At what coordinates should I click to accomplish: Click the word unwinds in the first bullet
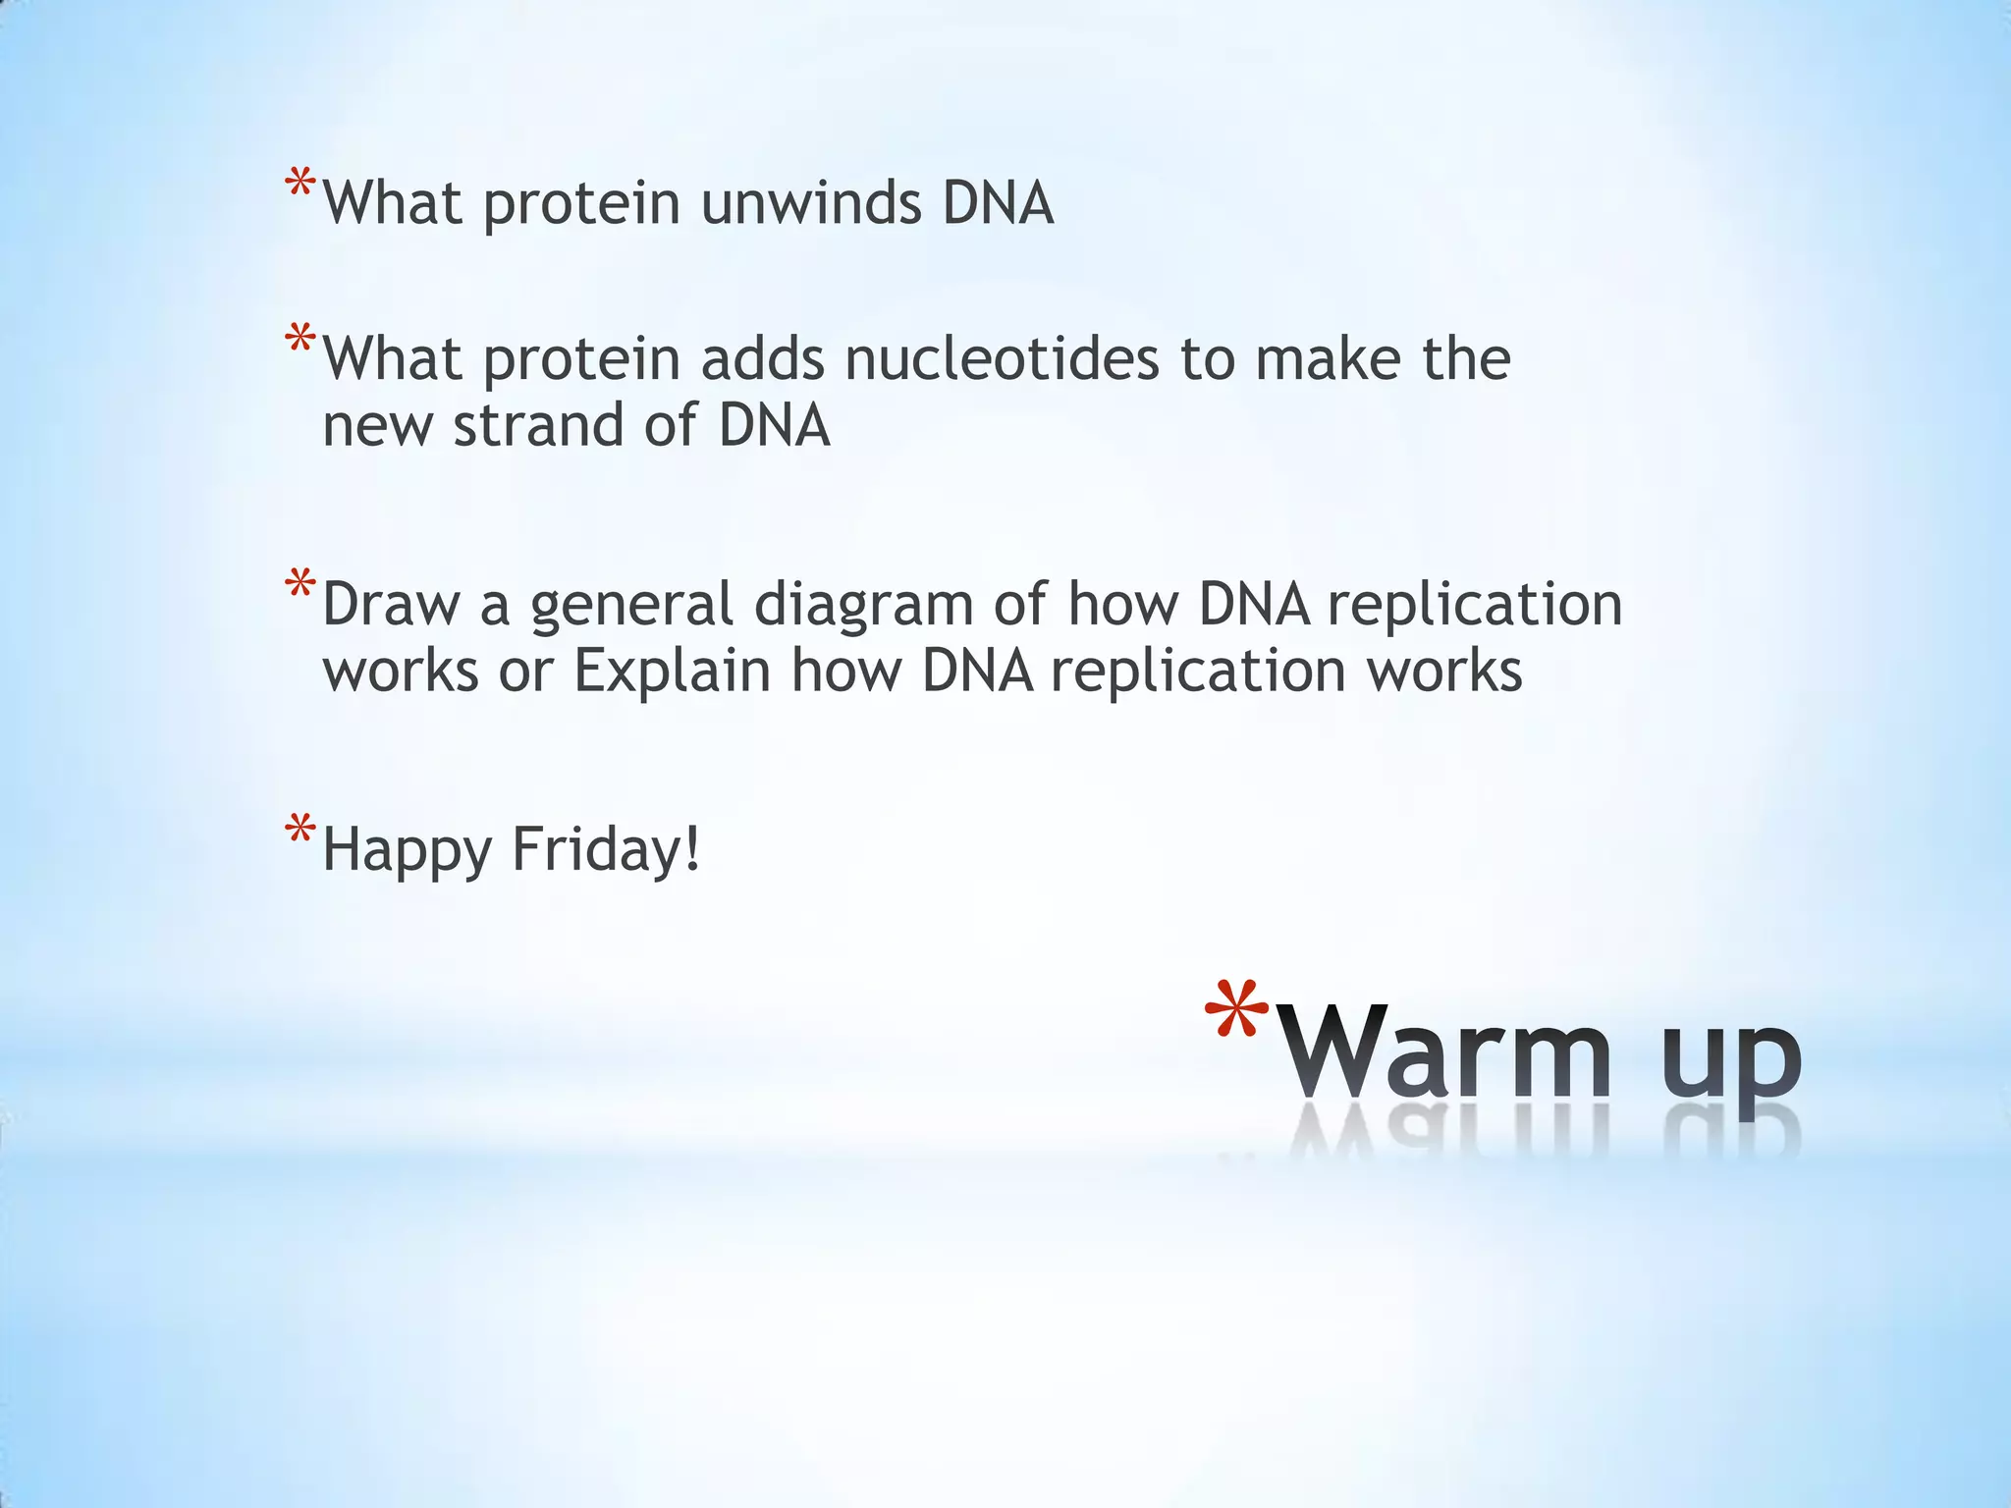[x=810, y=203]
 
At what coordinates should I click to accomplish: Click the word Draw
[x=390, y=604]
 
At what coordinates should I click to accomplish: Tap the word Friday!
[x=606, y=849]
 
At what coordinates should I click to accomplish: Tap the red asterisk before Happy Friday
[x=300, y=830]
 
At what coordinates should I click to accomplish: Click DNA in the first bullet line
[x=998, y=203]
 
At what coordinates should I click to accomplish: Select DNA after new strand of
[x=774, y=426]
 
